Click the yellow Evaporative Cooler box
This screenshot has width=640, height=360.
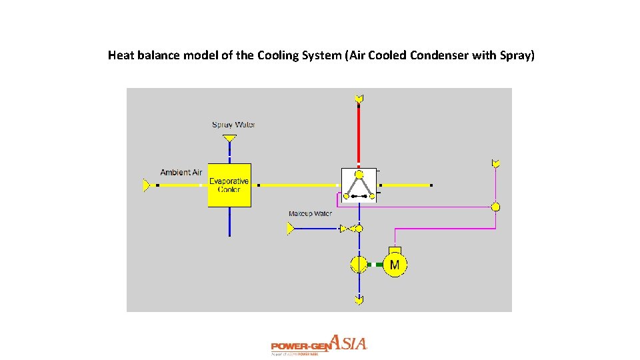pyautogui.click(x=229, y=185)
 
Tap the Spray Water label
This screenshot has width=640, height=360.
pyautogui.click(x=233, y=125)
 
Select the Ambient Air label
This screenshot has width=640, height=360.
pyautogui.click(x=181, y=173)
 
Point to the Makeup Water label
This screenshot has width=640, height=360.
pyautogui.click(x=310, y=214)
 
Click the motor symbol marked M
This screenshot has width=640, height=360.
pyautogui.click(x=395, y=264)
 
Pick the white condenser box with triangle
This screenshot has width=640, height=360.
pyautogui.click(x=359, y=185)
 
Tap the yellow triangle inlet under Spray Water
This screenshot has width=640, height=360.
pyautogui.click(x=229, y=139)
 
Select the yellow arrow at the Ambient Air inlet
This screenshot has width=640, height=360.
pyautogui.click(x=147, y=185)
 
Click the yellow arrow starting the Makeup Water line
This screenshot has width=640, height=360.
pyautogui.click(x=291, y=229)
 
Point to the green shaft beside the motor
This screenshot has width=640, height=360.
pyautogui.click(x=378, y=265)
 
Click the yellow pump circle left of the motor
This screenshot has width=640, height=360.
pyautogui.click(x=359, y=264)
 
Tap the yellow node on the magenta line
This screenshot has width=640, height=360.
pyautogui.click(x=495, y=207)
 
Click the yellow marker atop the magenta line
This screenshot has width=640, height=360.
pyautogui.click(x=495, y=163)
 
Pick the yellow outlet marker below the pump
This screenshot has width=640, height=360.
pyautogui.click(x=359, y=301)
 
